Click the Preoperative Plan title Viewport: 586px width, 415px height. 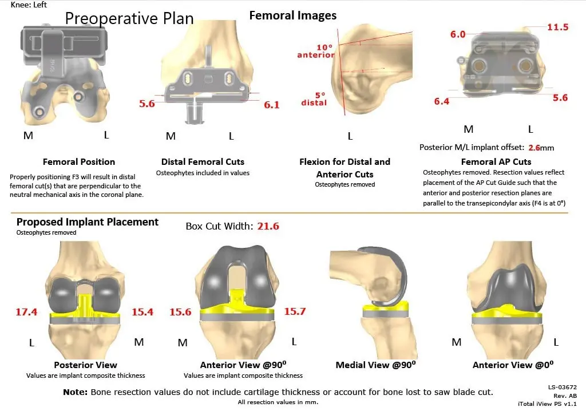tap(129, 18)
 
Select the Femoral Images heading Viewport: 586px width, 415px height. tap(293, 15)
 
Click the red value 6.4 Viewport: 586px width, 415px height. tap(441, 101)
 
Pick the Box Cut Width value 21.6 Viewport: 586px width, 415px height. tap(267, 226)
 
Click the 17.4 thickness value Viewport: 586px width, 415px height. tap(26, 312)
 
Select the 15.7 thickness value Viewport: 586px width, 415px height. tap(295, 311)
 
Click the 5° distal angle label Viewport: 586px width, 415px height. tap(314, 98)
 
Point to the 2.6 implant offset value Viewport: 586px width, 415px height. tap(534, 147)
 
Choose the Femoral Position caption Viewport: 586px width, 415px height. tap(79, 162)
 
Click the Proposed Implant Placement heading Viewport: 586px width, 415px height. tap(88, 222)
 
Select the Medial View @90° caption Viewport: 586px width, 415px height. tap(376, 365)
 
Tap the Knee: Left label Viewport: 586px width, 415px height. tap(29, 5)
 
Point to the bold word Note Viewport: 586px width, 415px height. tap(75, 392)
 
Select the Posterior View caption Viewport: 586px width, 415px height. tap(85, 365)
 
